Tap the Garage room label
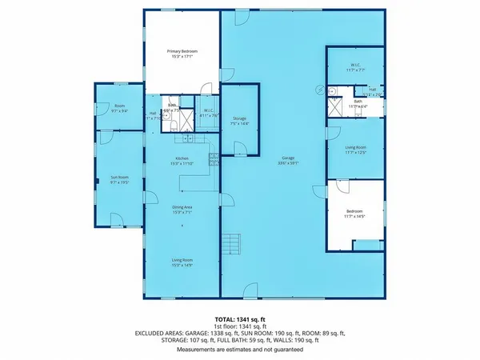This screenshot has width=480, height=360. click(283, 161)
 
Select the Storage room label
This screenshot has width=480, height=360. click(239, 121)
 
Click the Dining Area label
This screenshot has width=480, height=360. click(182, 210)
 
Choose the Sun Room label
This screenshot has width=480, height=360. click(119, 179)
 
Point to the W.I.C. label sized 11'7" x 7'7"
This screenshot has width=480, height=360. click(354, 67)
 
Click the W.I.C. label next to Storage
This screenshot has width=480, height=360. click(206, 112)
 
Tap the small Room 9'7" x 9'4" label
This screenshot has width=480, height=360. click(119, 108)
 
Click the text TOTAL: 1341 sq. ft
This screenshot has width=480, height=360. click(239, 319)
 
